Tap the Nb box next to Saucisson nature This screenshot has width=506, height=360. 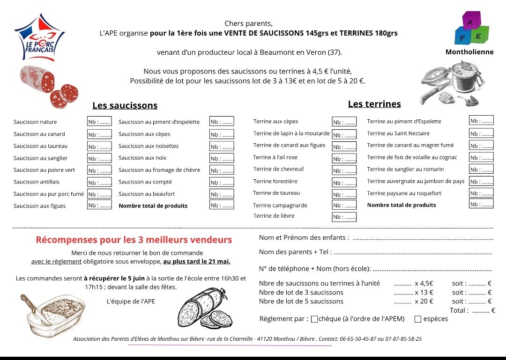99,122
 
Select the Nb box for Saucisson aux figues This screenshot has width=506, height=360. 99,205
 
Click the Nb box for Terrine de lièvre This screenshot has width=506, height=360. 344,217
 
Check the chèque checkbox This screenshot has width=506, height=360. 314,319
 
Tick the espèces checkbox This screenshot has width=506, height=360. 418,319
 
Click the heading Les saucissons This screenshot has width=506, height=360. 125,106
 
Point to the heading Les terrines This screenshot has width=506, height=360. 374,104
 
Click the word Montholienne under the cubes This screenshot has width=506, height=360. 469,52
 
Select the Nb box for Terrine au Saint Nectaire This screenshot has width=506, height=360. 481,133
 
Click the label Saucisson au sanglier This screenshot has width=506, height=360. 41,158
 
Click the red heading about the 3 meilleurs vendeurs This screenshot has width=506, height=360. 134,240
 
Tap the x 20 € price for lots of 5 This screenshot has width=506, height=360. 424,301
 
